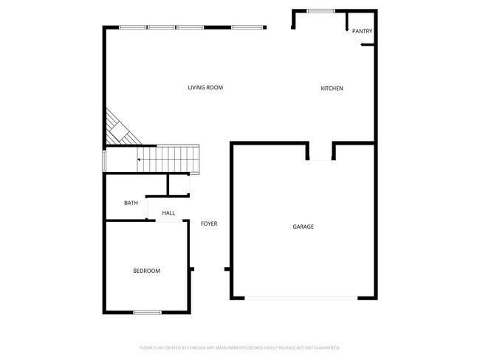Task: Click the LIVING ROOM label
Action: pos(205,88)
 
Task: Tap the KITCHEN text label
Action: pos(332,89)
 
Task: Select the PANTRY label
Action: pos(362,31)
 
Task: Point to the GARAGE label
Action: pos(303,226)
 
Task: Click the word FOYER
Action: pos(209,224)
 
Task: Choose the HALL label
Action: pos(168,213)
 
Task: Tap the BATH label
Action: pos(131,203)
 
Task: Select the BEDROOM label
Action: pos(146,271)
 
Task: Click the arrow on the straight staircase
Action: pos(140,159)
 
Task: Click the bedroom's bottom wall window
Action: pos(147,312)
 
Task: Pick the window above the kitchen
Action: pos(320,10)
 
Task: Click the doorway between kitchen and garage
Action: pos(320,159)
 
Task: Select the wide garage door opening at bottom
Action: pos(301,298)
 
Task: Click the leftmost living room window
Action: pos(133,27)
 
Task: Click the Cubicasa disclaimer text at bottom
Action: pos(239,347)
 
